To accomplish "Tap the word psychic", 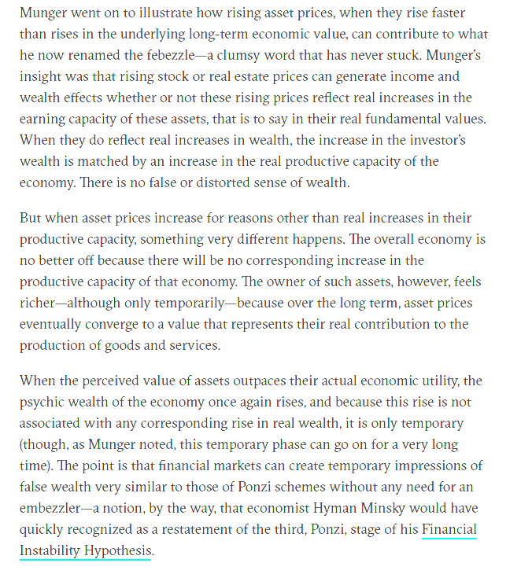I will click(x=45, y=403).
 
